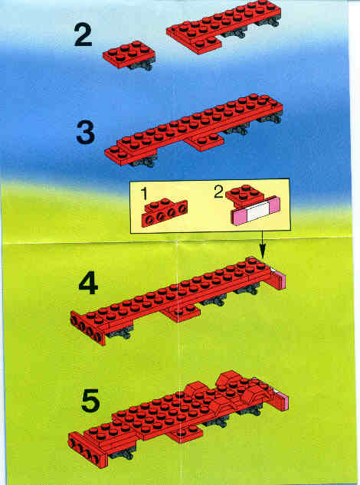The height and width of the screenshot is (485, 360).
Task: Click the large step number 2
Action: pyautogui.click(x=83, y=35)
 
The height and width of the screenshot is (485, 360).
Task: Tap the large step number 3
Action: pyautogui.click(x=85, y=133)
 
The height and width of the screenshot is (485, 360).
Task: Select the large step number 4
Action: pyautogui.click(x=88, y=284)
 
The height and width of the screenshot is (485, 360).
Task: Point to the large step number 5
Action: pyautogui.click(x=90, y=401)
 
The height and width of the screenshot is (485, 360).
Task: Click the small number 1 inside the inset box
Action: pyautogui.click(x=144, y=194)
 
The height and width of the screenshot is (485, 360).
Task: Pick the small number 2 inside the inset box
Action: pyautogui.click(x=218, y=192)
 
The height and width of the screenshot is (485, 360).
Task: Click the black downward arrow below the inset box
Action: pyautogui.click(x=262, y=244)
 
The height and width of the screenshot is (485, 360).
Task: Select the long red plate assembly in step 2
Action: pyautogui.click(x=224, y=25)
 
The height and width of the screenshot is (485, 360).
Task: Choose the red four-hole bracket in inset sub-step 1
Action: pyautogui.click(x=164, y=213)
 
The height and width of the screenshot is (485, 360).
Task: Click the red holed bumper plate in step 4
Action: pyautogui.click(x=88, y=328)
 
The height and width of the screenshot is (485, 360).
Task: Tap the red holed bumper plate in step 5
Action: pyautogui.click(x=87, y=449)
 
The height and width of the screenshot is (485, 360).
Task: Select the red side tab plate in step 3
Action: pyautogui.click(x=205, y=142)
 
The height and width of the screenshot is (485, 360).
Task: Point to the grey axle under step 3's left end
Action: pyautogui.click(x=143, y=161)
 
